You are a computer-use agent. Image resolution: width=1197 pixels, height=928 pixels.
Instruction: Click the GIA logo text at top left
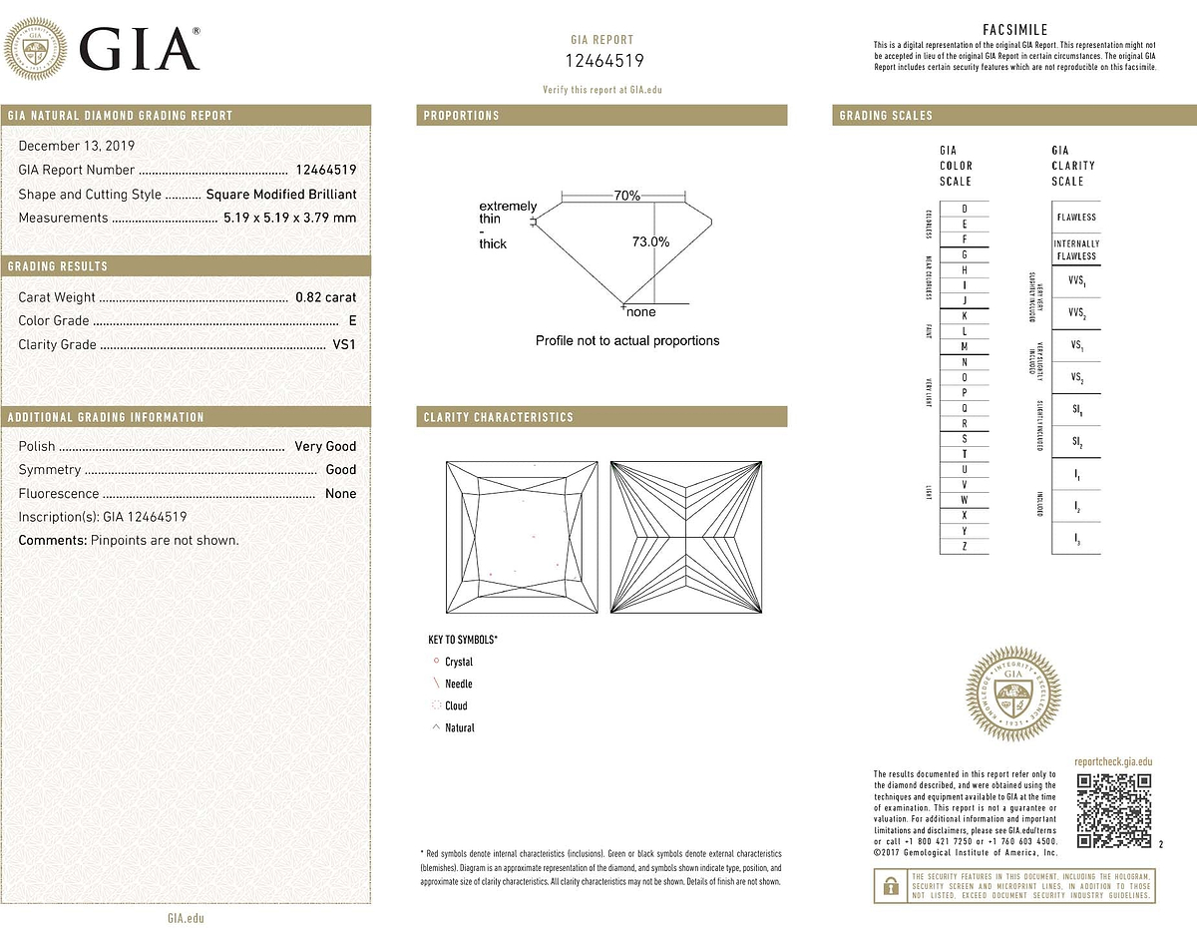[x=139, y=48]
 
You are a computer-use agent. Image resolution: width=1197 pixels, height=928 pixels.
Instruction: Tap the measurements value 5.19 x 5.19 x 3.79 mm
[x=289, y=218]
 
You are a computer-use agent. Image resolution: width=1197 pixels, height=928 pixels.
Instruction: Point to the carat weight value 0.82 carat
[x=325, y=297]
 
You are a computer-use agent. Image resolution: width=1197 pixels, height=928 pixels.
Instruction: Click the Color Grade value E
[x=352, y=321]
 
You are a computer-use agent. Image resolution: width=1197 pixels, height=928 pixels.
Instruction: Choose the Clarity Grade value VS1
[x=343, y=345]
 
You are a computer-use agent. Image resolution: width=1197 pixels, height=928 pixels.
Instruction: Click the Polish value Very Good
[x=325, y=446]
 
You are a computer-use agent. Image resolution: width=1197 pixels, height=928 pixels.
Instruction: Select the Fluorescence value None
[x=340, y=494]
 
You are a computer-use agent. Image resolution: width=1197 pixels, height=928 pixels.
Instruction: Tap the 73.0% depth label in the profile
[x=650, y=241]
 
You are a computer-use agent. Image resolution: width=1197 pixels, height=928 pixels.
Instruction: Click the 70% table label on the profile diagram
[x=627, y=197]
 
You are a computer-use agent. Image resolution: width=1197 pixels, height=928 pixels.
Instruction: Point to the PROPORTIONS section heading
[x=461, y=116]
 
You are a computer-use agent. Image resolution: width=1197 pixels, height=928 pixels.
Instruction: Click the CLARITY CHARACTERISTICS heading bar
[x=601, y=417]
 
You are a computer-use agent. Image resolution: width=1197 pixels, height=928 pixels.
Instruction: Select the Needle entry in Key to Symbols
[x=459, y=685]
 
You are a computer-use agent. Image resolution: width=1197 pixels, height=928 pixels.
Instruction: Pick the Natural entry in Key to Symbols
[x=459, y=728]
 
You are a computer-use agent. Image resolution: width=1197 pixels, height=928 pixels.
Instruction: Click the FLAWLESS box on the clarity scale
[x=1076, y=217]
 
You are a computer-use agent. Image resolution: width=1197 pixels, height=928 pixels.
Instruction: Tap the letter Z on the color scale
[x=964, y=547]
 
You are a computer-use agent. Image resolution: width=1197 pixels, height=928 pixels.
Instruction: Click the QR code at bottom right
[x=1115, y=810]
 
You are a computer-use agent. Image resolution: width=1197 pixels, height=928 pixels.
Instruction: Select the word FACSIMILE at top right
[x=1014, y=30]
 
